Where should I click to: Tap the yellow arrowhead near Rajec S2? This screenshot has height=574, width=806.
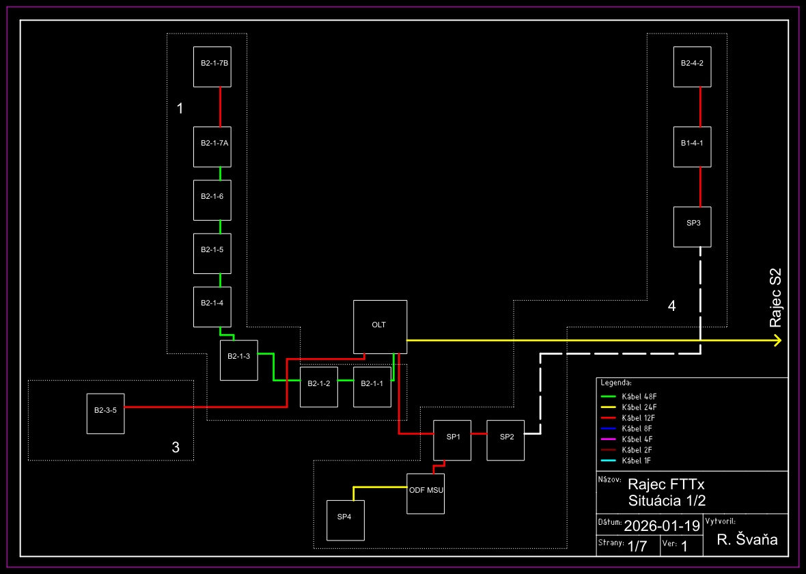(777, 340)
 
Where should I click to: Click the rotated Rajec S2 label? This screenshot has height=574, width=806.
(776, 297)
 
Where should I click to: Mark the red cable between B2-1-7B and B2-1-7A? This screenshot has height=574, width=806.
(220, 107)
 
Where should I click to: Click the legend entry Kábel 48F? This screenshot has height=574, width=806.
(639, 396)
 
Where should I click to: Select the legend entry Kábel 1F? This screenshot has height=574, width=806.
(637, 461)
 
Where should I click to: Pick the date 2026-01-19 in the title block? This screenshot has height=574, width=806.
(662, 525)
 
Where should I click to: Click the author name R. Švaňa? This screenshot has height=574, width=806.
(747, 541)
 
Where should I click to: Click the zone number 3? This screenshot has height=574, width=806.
(176, 448)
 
